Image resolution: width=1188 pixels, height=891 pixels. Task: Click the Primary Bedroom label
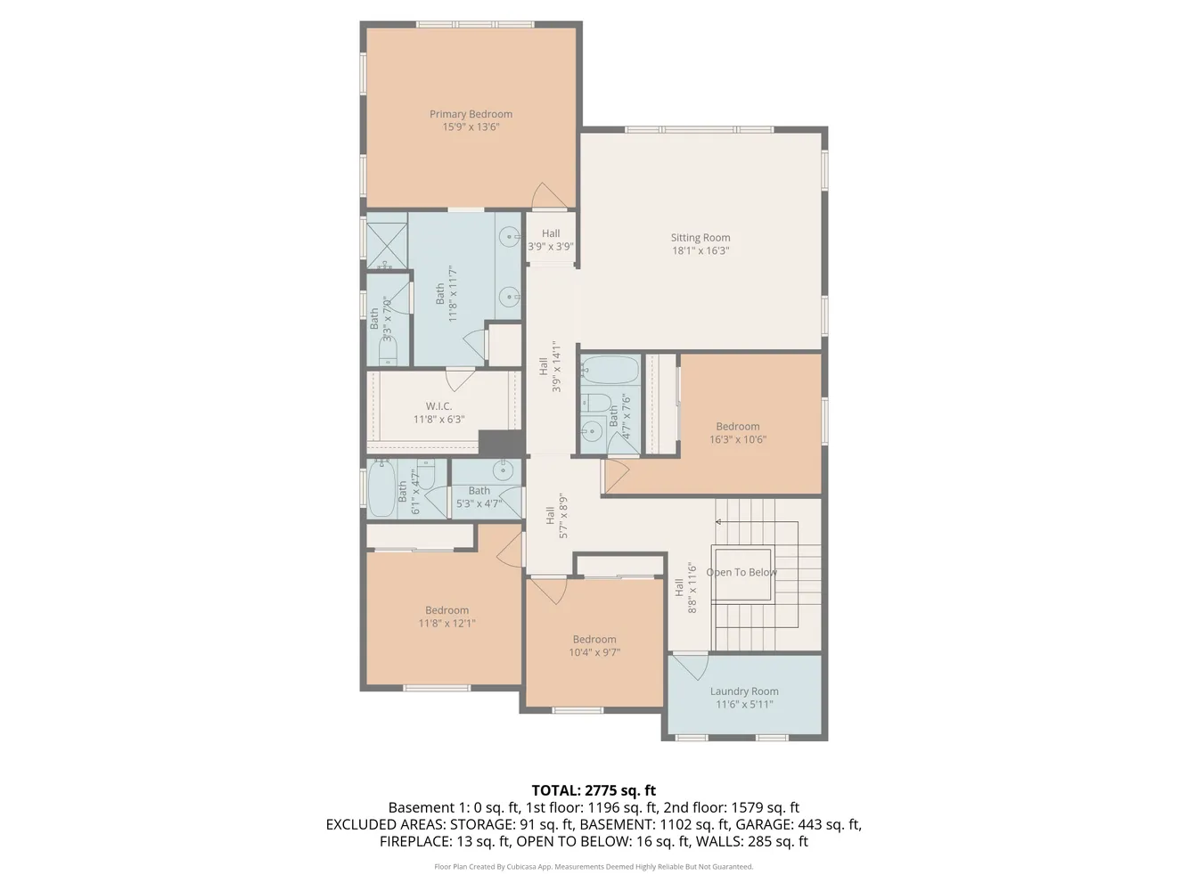click(x=471, y=114)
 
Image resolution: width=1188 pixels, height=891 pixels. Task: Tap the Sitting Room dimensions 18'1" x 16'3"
click(x=701, y=251)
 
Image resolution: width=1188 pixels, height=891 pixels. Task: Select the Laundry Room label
click(x=744, y=691)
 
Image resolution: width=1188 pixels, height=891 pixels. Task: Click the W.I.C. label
click(x=438, y=406)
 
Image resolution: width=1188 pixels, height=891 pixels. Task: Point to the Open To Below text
click(x=741, y=572)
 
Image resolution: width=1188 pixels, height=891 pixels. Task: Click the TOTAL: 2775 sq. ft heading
click(x=594, y=790)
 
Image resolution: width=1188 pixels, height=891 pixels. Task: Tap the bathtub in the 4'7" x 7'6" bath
click(x=610, y=370)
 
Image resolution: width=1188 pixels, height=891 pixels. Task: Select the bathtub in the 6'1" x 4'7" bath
click(x=381, y=490)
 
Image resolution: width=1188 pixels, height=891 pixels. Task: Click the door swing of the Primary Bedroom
click(x=547, y=196)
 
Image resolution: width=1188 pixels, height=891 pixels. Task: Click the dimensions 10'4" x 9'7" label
click(x=594, y=652)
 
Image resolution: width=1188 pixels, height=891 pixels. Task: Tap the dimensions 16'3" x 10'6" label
click(x=738, y=439)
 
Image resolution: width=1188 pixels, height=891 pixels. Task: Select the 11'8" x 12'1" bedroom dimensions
click(x=447, y=623)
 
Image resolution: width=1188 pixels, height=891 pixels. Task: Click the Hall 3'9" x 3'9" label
click(x=551, y=240)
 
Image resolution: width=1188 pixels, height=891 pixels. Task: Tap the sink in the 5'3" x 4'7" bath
click(x=504, y=470)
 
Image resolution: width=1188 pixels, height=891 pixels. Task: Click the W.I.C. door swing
click(x=460, y=380)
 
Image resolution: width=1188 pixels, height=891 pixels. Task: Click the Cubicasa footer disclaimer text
click(x=594, y=866)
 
